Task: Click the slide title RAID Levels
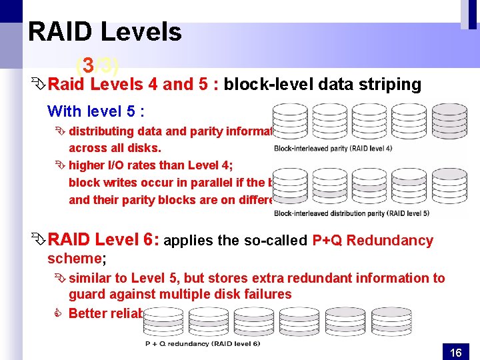(x=105, y=32)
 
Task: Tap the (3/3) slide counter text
(x=97, y=66)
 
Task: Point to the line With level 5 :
(x=96, y=111)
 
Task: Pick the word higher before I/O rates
(x=87, y=165)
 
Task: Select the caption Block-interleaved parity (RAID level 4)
(x=333, y=148)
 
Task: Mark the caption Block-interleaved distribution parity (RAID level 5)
(x=351, y=213)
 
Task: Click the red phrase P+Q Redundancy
(x=373, y=241)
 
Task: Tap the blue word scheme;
(x=73, y=258)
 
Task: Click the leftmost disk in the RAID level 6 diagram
(x=161, y=321)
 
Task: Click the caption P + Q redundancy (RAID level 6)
(x=203, y=344)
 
